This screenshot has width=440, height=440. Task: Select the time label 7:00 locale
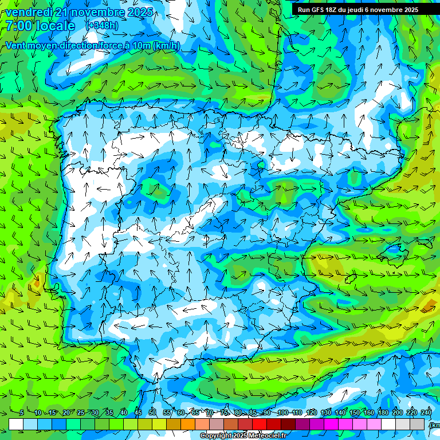tap(40, 26)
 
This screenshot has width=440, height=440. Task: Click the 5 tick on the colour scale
tap(22, 413)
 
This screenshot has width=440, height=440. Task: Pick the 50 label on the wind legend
tap(152, 413)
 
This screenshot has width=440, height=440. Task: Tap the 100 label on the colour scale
tap(282, 413)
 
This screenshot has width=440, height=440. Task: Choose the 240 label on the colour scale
tap(426, 413)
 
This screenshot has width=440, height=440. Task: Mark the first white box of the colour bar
tap(16, 424)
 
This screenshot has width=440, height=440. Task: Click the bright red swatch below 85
tap(260, 424)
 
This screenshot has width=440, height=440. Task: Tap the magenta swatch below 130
tap(332, 424)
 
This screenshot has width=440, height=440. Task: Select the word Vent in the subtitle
tap(17, 46)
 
